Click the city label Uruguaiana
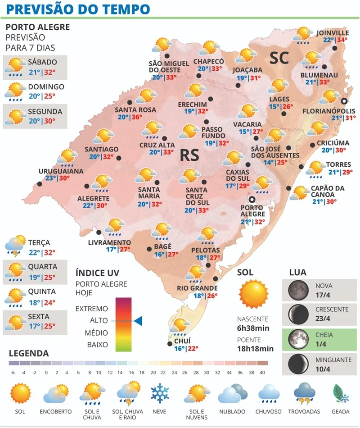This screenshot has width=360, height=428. (x=61, y=171)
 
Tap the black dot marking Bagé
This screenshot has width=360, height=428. (x=149, y=249)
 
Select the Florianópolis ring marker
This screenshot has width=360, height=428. (x=345, y=101)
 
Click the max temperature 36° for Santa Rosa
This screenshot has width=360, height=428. (x=136, y=117)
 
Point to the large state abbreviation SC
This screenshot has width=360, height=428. (x=279, y=58)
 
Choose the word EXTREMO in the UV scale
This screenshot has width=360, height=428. (x=92, y=309)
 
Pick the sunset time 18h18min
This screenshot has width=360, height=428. (x=255, y=348)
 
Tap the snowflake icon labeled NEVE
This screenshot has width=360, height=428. (x=159, y=393)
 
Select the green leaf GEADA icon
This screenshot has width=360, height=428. (x=341, y=393)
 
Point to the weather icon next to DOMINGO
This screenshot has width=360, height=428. (x=15, y=91)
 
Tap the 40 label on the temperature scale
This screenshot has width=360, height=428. (x=262, y=372)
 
